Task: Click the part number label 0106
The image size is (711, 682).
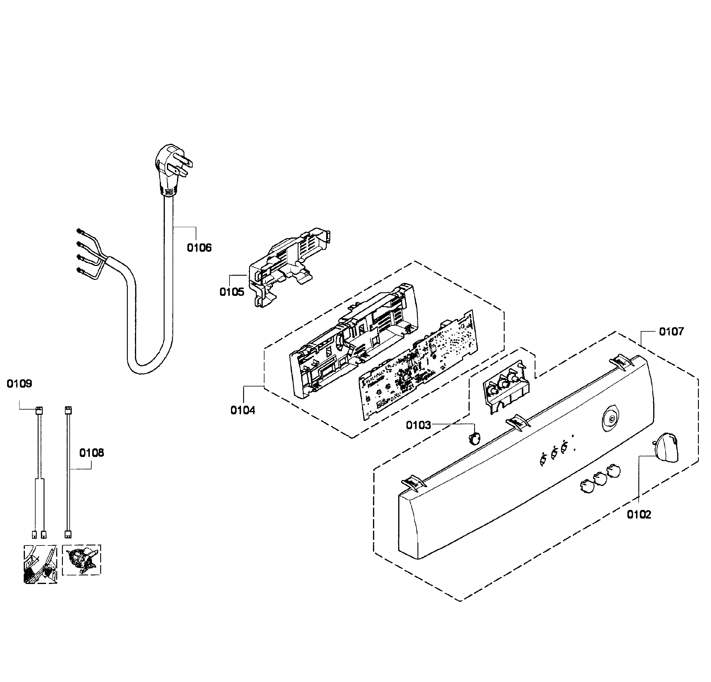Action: point(199,248)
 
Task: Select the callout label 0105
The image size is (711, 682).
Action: point(232,292)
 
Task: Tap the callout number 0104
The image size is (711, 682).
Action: point(243,410)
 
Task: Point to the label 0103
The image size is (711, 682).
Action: point(418,425)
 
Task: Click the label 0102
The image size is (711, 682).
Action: point(639,515)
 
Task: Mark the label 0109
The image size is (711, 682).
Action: point(19,383)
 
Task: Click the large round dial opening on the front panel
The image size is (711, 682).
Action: point(610,419)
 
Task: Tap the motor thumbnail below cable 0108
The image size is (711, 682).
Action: point(82,560)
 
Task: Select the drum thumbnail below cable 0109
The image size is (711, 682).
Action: point(40,564)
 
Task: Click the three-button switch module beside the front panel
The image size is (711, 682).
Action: point(506,386)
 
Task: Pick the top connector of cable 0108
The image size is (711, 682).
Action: point(68,410)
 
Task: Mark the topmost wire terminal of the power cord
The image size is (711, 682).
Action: point(79,231)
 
